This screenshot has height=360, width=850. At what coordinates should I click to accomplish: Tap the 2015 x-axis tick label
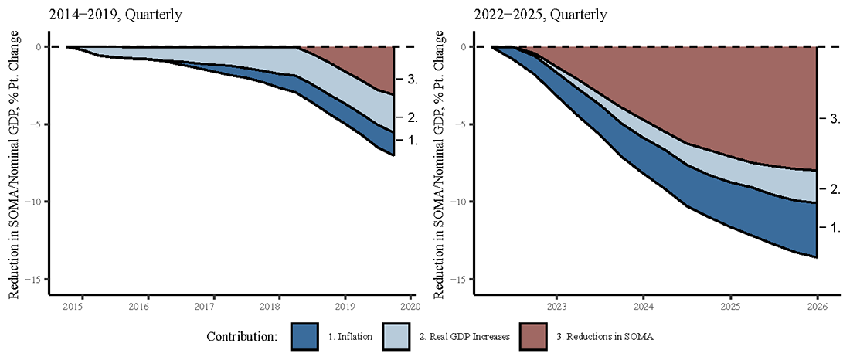point(73,307)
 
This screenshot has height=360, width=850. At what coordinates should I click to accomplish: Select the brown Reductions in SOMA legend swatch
point(538,337)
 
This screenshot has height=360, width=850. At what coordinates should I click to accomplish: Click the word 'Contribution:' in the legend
point(242,338)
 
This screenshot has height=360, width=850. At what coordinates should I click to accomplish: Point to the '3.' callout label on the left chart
point(412,80)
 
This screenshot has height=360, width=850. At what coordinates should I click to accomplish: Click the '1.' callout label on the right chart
point(834,228)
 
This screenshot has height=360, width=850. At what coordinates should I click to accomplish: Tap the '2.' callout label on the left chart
point(412,117)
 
